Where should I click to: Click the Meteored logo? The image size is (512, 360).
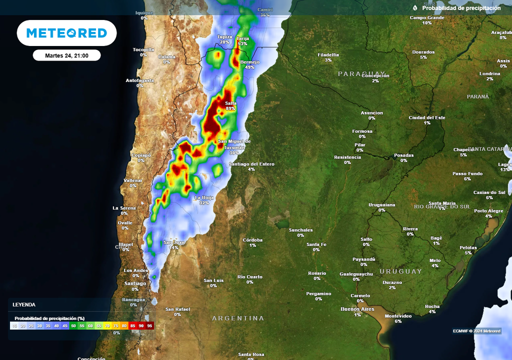click(66, 33)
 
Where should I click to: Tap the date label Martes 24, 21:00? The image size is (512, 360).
click(66, 55)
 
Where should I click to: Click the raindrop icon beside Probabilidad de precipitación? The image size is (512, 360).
click(415, 8)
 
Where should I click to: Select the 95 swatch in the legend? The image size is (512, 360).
click(149, 325)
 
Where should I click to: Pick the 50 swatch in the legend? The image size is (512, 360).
click(73, 325)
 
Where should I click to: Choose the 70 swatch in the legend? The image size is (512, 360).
click(107, 325)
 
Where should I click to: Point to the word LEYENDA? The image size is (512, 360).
click(24, 304)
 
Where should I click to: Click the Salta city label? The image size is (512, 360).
click(230, 103)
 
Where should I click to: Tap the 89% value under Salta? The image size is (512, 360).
click(230, 108)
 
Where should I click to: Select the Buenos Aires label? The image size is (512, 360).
click(357, 309)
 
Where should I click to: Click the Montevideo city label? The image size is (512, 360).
click(398, 316)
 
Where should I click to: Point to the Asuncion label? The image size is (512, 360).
click(371, 113)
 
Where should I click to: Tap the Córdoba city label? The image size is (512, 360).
click(252, 240)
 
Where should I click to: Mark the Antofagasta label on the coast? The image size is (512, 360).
click(139, 80)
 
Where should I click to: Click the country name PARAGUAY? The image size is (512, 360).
click(362, 73)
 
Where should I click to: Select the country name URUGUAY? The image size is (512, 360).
click(400, 271)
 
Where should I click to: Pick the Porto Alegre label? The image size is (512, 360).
click(488, 211)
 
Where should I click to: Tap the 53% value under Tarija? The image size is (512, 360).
click(242, 43)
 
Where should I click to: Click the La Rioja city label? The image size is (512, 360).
click(204, 197)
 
